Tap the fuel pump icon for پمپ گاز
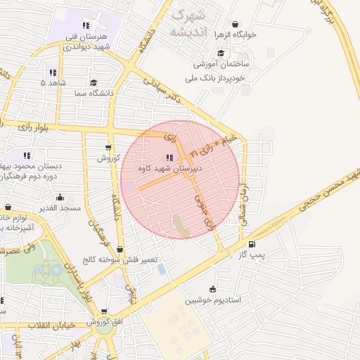click(x=252, y=244)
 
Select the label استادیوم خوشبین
click(x=213, y=300)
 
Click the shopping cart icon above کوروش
click(x=108, y=147)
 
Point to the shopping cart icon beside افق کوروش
click(x=104, y=311)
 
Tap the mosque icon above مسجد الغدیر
click(x=60, y=197)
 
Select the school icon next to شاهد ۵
click(x=53, y=72)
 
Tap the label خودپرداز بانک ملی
click(x=220, y=77)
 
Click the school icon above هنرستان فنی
click(x=86, y=25)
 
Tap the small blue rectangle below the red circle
click(x=162, y=269)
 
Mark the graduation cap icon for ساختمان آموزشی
click(x=221, y=53)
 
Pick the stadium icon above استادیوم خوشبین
click(x=212, y=288)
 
